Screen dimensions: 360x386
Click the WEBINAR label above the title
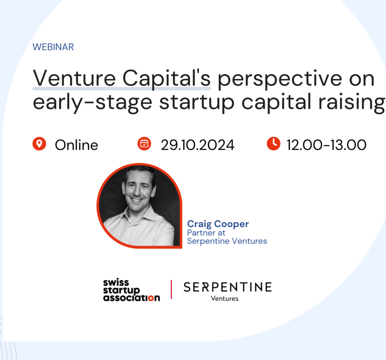53,47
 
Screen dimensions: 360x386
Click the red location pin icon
39,144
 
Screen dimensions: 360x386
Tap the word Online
76,145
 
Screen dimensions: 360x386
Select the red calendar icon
144,144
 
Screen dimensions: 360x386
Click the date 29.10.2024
197,145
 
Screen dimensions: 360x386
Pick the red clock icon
273,144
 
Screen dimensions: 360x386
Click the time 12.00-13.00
326,145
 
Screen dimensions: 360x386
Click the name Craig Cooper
218,224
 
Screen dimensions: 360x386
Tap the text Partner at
206,233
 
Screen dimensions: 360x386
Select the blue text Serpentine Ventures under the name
227,241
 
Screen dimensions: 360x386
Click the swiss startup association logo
131,290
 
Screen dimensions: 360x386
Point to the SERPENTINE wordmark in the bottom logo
227,287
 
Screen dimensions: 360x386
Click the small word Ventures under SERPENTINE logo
225,298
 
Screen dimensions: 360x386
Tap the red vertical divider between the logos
172,289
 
